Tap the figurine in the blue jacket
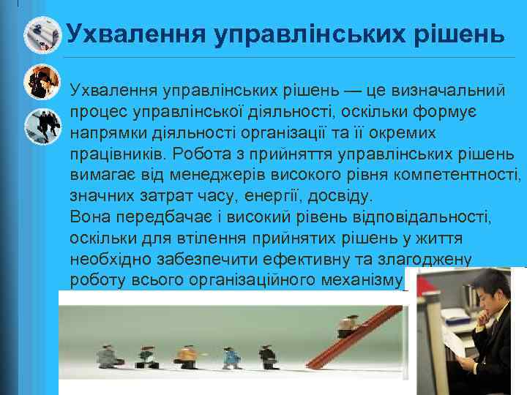click(x=233, y=356)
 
